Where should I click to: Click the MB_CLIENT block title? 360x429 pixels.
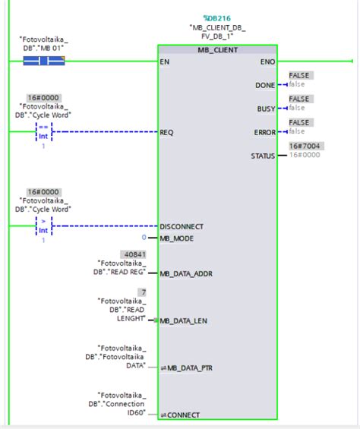(217, 50)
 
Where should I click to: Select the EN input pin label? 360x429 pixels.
(165, 61)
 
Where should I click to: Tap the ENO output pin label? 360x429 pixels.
(267, 61)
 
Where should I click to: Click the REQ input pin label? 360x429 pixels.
(166, 132)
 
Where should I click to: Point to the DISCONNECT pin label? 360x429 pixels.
(182, 226)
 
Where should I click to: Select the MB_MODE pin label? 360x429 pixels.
(176, 238)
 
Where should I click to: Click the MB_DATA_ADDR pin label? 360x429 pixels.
(187, 273)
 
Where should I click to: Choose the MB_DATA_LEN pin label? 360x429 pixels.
(185, 320)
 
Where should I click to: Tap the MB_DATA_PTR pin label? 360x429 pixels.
(188, 367)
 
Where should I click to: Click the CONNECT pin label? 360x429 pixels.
(182, 415)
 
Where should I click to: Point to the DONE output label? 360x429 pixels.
(265, 85)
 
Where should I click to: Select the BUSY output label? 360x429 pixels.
(266, 109)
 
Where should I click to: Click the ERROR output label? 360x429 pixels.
(264, 132)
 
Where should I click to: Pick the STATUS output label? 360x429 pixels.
(263, 156)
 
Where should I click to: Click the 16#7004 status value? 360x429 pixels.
(305, 145)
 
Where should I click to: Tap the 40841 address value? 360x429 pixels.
(133, 254)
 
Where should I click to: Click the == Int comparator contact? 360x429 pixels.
(43, 132)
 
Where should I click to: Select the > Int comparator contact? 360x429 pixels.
(43, 226)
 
